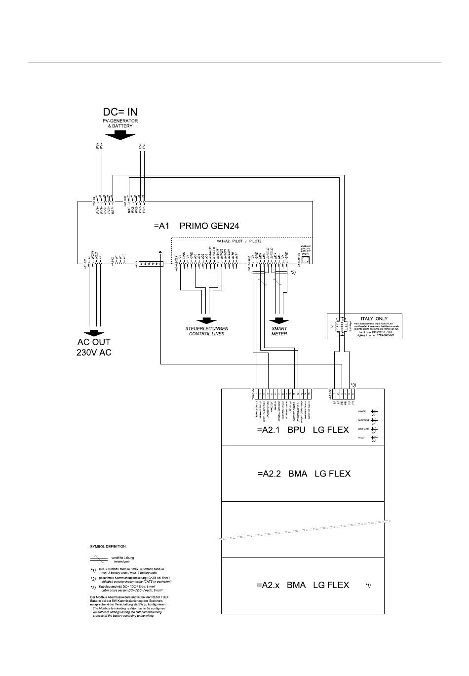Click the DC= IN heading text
pos(120,113)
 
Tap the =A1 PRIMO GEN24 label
pos(196,226)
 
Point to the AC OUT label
pos(94,342)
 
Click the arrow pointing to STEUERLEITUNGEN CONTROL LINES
pos(206,321)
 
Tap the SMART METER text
pos(279,331)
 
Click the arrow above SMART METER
pos(279,321)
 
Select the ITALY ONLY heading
pos(375,319)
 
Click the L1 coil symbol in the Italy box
pos(338,327)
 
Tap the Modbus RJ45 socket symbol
pos(306,260)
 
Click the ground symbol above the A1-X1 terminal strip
pos(159,253)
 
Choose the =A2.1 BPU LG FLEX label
pos(303,430)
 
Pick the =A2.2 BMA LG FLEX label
pos(304,474)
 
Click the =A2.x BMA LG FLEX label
pos(303,585)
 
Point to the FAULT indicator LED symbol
pos(374,438)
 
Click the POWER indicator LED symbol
pos(374,411)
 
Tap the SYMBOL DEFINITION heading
pos(108,547)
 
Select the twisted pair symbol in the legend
pos(99,559)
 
